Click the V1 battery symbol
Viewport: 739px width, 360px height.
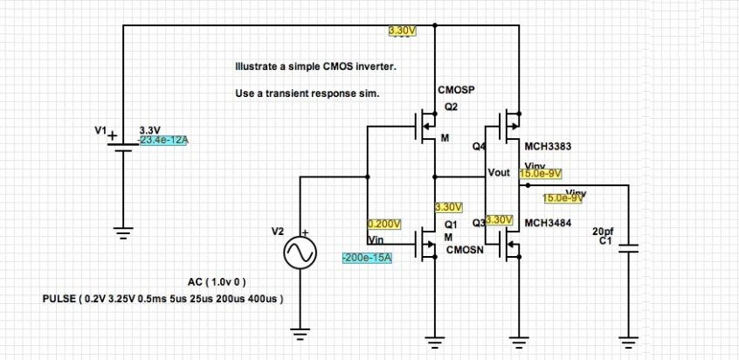(123, 143)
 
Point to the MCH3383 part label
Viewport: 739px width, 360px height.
(548, 147)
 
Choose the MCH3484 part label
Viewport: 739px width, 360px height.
(548, 223)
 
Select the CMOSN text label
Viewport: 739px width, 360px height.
(464, 250)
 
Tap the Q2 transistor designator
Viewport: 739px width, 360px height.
(451, 107)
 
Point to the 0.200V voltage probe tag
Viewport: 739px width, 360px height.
(383, 224)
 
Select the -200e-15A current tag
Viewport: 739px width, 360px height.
(366, 258)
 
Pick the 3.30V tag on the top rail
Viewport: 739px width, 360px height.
(403, 31)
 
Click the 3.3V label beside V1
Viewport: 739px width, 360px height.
(150, 129)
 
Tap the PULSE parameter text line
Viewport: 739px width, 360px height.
(162, 299)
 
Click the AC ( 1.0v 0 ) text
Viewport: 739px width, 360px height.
(218, 282)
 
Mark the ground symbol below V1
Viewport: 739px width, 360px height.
(123, 232)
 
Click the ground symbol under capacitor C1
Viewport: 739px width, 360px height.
(626, 341)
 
